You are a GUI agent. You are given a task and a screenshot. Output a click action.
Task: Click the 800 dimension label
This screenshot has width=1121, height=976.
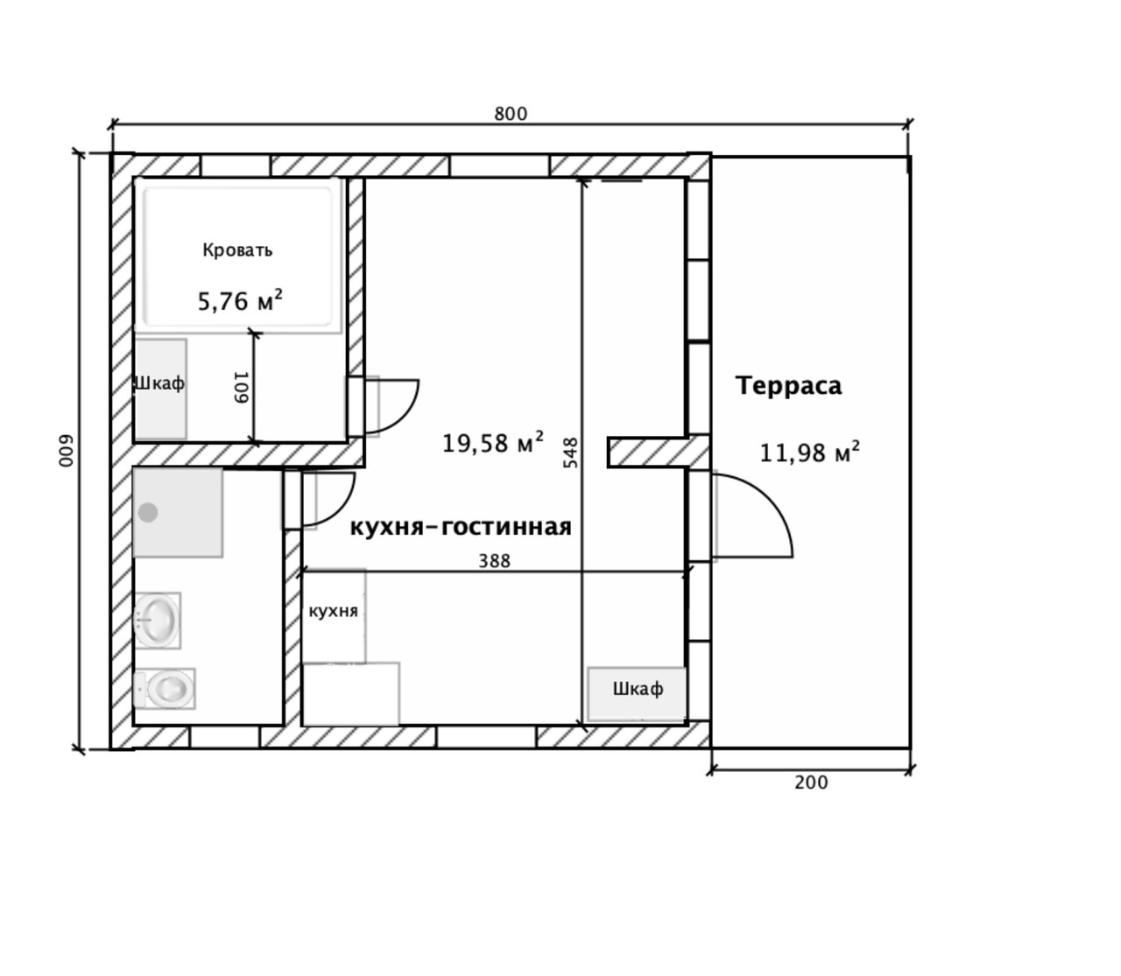(510, 114)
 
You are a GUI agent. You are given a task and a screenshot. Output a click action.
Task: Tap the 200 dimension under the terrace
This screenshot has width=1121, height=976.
(811, 783)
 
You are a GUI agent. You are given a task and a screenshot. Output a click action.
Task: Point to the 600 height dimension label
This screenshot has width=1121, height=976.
(67, 451)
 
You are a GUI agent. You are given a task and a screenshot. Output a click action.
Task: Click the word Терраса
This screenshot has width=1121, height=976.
(788, 385)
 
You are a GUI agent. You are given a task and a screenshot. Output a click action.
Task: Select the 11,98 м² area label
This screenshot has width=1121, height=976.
(809, 453)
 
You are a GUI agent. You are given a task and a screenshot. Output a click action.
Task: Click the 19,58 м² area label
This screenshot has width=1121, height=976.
(492, 442)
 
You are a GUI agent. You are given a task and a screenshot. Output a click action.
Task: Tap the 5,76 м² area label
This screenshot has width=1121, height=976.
(240, 300)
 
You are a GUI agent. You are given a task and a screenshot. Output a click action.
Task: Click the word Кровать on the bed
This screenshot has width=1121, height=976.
(237, 250)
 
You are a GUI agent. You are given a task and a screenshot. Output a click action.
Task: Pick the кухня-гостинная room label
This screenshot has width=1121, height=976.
(461, 527)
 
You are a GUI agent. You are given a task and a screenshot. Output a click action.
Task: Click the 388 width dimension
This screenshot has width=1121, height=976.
(494, 561)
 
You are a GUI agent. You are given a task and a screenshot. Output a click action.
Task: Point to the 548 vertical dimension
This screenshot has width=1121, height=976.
(571, 453)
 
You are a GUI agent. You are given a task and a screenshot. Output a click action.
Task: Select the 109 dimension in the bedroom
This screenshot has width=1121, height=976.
(241, 387)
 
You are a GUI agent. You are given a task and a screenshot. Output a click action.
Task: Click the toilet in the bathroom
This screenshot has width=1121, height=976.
(166, 688)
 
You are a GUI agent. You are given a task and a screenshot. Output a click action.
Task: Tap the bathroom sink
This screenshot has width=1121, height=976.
(157, 621)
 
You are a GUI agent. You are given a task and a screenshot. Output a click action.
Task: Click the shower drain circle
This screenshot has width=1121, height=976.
(148, 512)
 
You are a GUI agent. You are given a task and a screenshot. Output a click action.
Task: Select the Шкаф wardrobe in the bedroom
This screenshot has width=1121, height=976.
(160, 390)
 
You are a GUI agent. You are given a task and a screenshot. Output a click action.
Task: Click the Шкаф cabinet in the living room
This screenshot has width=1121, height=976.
(637, 694)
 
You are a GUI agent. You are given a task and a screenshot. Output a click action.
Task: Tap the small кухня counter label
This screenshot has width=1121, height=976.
(333, 611)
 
